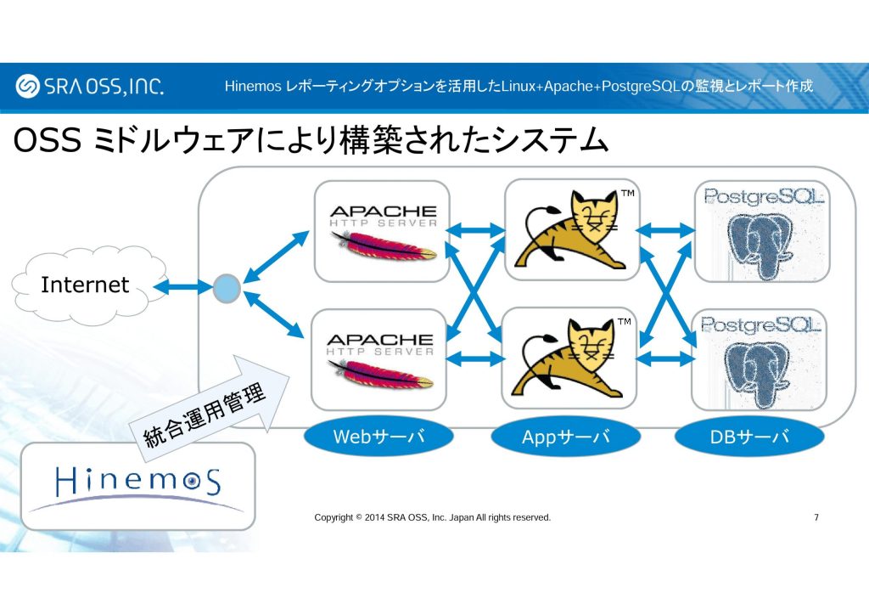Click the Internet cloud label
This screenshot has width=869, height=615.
coord(85,285)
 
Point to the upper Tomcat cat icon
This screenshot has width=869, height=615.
coord(570,229)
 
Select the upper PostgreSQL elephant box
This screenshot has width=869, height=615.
coord(760,230)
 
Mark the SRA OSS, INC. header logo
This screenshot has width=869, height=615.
coord(90,87)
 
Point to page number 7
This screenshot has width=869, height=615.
coord(816,517)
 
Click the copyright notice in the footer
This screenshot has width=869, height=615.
coord(432,517)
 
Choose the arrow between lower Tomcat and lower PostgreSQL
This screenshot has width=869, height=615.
coord(666,358)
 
